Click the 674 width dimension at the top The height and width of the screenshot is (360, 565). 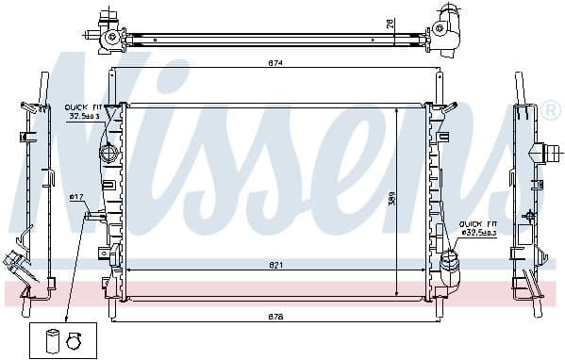click(273, 63)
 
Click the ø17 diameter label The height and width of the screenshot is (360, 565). click(76, 197)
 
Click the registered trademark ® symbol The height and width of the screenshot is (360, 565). click(551, 111)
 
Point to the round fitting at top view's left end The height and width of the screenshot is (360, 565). click(112, 38)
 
